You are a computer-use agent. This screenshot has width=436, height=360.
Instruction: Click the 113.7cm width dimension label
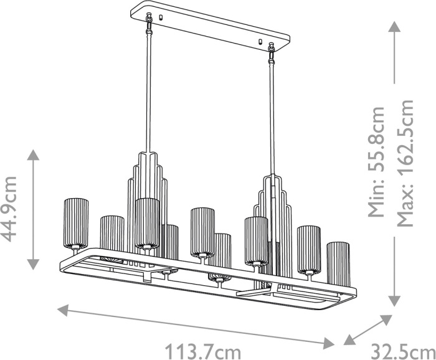[203, 352]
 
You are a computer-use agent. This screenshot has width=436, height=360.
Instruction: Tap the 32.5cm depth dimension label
[403, 352]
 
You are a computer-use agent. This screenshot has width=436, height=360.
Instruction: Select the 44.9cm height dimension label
[9, 209]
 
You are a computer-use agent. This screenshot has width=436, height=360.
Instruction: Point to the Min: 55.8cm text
[376, 162]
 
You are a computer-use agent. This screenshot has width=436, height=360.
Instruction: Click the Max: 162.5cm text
[405, 163]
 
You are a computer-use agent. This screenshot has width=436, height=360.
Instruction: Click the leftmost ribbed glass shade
[76, 223]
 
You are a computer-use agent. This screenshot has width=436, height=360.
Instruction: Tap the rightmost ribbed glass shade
[338, 264]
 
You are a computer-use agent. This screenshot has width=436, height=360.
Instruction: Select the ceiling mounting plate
[211, 26]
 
